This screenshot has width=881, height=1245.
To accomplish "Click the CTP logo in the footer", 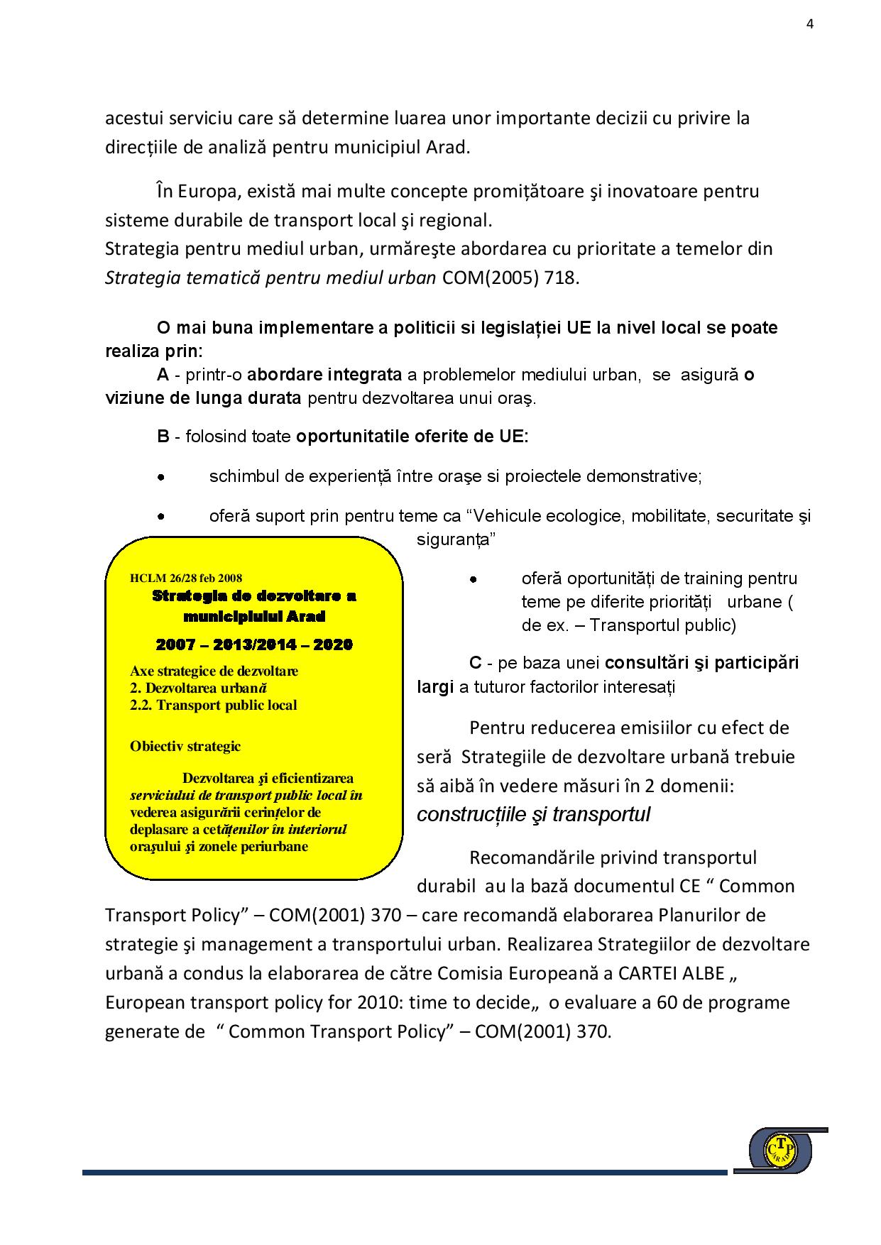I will [781, 1151].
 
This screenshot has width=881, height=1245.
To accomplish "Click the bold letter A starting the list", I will [163, 374].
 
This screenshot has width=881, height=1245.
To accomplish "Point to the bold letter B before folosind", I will [163, 436].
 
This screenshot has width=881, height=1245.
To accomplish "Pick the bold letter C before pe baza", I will [476, 663].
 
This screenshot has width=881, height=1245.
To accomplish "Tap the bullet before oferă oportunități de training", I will [473, 580].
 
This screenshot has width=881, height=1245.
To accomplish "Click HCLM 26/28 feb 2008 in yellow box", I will [186, 578].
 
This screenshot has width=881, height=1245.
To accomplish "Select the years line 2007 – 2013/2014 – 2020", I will [254, 645].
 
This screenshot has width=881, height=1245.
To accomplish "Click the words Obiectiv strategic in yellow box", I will [185, 747].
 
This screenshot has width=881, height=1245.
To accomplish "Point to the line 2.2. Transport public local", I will [213, 706].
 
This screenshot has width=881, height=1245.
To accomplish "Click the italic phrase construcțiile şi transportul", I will [533, 815].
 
